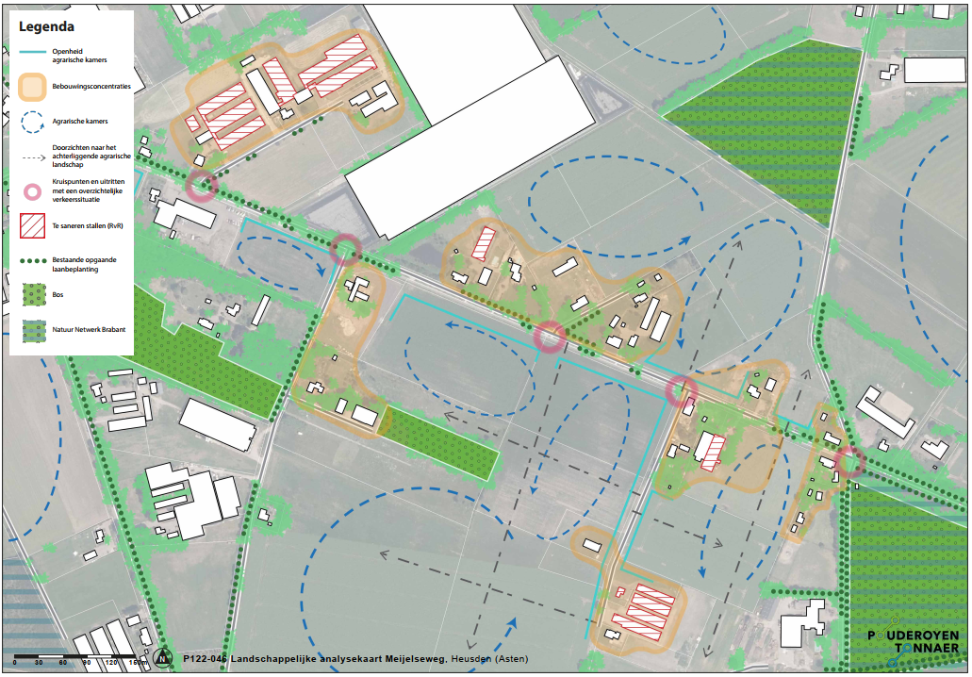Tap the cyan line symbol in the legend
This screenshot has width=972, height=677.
pos(32,53)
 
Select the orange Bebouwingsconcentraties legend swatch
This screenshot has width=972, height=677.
pos(32,87)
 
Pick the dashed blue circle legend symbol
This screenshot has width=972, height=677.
pos(32,122)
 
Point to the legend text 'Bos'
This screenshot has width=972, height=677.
pos(58,294)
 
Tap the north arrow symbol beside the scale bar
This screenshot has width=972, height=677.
pos(165,657)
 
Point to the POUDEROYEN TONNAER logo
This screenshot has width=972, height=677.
pos(913,642)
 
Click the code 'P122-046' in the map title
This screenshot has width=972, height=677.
pos(206,658)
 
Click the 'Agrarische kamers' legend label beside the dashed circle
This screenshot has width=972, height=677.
pos(80,122)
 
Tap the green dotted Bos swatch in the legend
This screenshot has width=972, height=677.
pos(32,294)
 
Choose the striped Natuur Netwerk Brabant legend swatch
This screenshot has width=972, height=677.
pos(32,329)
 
